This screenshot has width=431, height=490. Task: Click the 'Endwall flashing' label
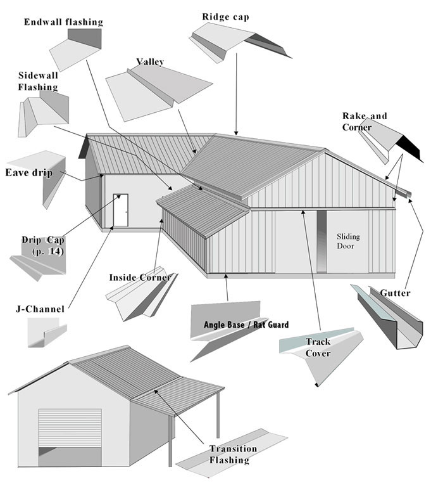63,22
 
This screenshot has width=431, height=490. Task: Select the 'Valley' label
150,62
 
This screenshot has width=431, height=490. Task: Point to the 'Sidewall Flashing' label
38,81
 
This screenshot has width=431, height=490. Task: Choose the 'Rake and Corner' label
365,122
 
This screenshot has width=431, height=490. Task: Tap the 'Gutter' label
396,293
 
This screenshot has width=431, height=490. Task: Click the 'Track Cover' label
318,347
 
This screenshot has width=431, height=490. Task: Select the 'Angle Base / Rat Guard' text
246,325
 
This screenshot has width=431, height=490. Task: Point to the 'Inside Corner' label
140,278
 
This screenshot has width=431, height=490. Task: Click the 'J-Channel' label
40,309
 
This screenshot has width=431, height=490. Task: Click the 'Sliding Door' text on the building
348,241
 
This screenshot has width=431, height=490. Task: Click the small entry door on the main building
120,210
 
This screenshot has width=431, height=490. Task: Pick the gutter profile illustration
386,320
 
